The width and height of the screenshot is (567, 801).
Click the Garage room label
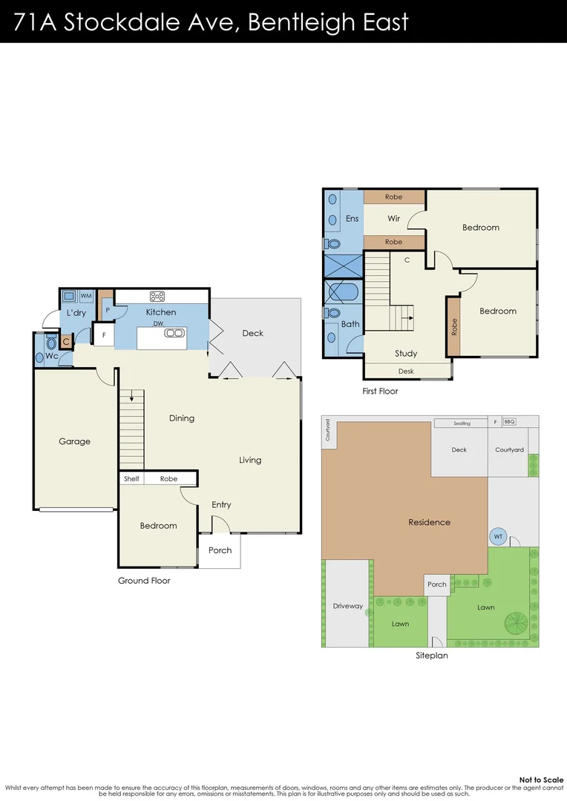click(74, 441)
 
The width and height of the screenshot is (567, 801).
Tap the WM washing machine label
click(86, 296)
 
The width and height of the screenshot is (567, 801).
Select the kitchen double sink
click(174, 333)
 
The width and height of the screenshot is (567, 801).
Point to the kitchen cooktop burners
click(157, 296)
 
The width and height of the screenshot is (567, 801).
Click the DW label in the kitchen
click(158, 324)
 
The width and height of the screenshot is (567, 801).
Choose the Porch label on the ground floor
click(220, 550)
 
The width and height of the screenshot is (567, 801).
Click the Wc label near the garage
click(52, 357)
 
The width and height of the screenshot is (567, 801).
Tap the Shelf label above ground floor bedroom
click(131, 479)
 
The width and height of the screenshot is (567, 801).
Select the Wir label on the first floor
click(393, 219)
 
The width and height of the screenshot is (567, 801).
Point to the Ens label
click(352, 219)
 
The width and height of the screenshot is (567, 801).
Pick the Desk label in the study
click(405, 371)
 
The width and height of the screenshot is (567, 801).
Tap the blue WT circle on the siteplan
click(497, 536)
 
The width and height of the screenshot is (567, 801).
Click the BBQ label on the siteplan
click(509, 422)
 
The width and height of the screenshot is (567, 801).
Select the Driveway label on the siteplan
click(347, 606)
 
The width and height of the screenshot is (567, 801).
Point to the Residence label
click(429, 522)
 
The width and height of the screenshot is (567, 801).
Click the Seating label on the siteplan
click(462, 423)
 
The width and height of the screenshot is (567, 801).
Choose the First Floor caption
click(380, 391)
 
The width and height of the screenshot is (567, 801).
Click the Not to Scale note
click(541, 779)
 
